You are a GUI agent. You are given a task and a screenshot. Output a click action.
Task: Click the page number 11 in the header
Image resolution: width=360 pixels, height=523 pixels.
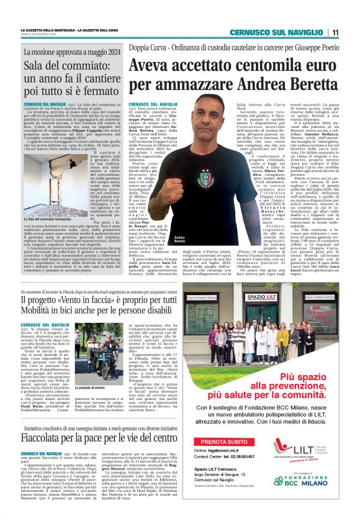[x=335, y=32]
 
